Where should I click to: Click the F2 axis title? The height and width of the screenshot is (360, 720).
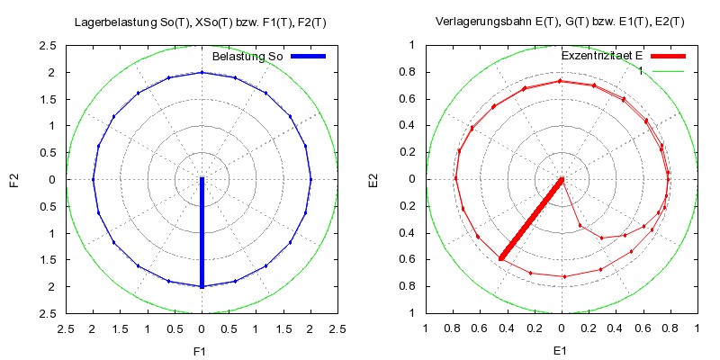[14, 179]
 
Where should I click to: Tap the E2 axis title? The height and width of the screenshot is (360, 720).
[374, 179]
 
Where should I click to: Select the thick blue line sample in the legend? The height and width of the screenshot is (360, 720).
[307, 57]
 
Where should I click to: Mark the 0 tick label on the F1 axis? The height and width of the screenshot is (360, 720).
[202, 329]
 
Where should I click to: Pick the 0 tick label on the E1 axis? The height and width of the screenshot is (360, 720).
[562, 329]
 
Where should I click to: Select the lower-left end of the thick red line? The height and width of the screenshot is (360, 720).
[501, 259]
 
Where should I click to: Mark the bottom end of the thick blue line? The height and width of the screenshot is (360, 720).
[202, 286]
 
